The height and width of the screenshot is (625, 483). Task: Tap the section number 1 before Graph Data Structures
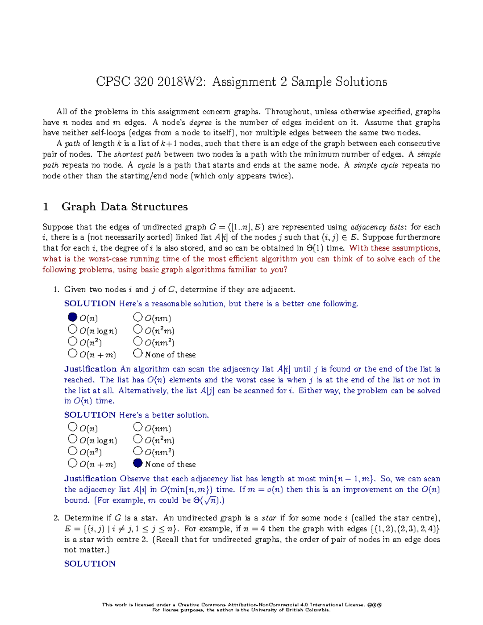(45, 207)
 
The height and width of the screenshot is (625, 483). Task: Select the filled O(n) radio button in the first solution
(72, 317)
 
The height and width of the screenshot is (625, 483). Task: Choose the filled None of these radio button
(138, 463)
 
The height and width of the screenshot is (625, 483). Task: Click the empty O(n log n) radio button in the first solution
(72, 329)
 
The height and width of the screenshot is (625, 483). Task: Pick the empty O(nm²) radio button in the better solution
(138, 451)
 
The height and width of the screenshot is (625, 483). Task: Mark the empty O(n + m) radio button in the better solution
(72, 463)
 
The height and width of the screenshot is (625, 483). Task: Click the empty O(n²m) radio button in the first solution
(138, 329)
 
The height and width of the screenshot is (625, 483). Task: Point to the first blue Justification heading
(90, 369)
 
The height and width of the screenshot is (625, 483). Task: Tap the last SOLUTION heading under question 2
(90, 563)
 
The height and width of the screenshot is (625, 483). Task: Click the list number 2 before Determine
(56, 518)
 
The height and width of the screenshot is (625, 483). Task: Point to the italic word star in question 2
(269, 518)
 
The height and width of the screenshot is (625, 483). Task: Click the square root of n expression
(211, 501)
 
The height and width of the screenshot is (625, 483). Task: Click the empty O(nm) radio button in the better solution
(138, 427)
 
